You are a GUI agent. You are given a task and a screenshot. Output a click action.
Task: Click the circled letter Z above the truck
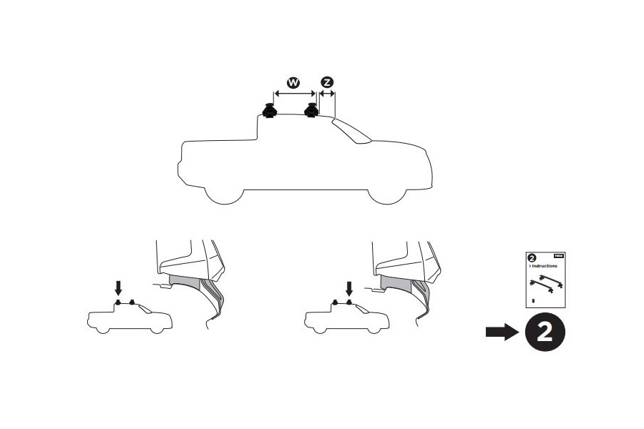click(x=327, y=83)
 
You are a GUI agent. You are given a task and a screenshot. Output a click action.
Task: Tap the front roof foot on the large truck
click(x=312, y=112)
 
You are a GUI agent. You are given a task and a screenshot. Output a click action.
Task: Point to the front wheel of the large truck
click(x=387, y=193)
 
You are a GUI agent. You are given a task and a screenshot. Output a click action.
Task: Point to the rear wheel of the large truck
click(x=223, y=193)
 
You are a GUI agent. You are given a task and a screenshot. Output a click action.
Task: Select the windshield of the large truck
click(x=351, y=132)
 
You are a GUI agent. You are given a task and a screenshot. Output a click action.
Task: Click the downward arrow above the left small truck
click(x=119, y=287)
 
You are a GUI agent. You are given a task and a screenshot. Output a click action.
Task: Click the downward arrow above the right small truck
click(x=349, y=287)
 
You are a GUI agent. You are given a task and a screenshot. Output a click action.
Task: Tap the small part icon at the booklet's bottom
click(x=532, y=301)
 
